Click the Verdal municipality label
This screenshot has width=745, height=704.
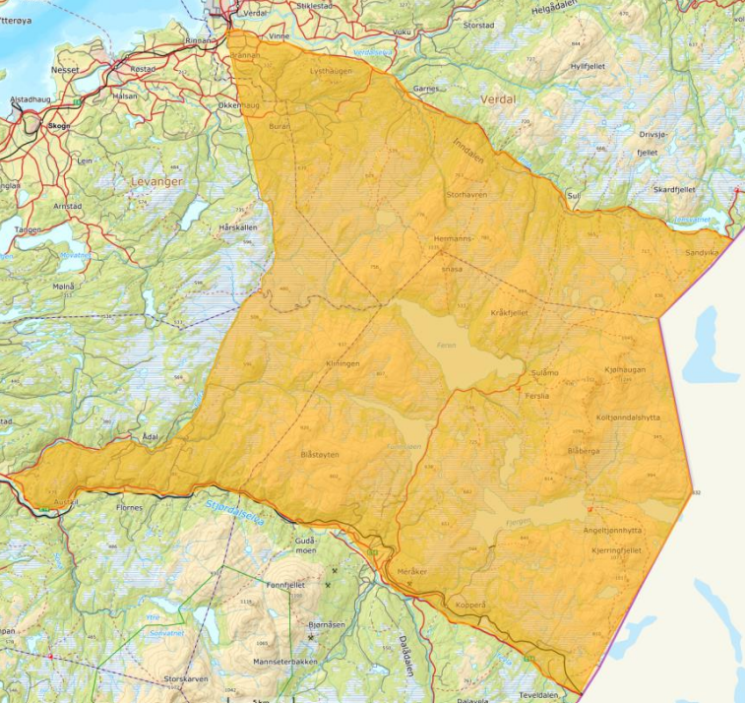pyautogui.click(x=499, y=100)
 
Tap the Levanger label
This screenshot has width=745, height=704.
pyautogui.click(x=151, y=181)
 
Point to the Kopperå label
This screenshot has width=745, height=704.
pyautogui.click(x=471, y=604)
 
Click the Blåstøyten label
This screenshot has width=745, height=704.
pyautogui.click(x=319, y=455)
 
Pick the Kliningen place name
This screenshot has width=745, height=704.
pyautogui.click(x=342, y=363)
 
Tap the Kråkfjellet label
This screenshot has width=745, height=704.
pyautogui.click(x=509, y=312)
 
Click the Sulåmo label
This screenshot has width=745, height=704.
pyautogui.click(x=543, y=373)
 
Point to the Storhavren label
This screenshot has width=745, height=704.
pyautogui.click(x=466, y=196)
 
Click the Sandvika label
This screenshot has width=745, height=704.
pyautogui.click(x=703, y=252)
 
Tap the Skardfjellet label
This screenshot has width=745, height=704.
pyautogui.click(x=675, y=189)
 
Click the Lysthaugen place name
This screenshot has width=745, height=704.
pyautogui.click(x=330, y=71)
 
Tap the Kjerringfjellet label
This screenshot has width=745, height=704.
pyautogui.click(x=617, y=550)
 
